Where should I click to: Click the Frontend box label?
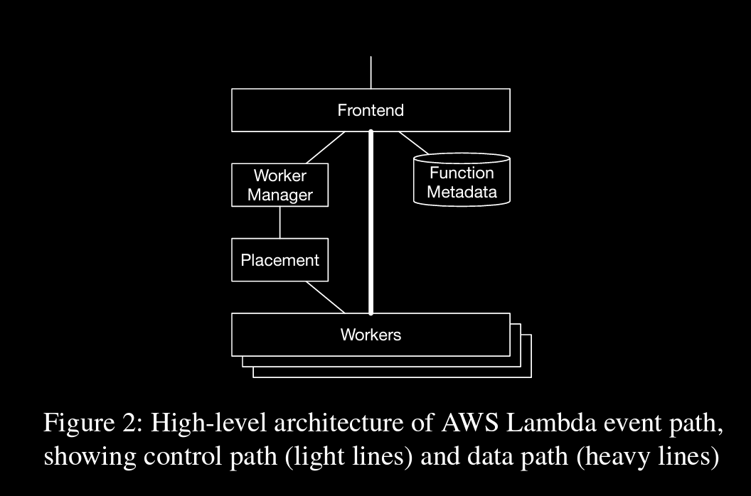pos(371,110)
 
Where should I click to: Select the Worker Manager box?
pos(280,185)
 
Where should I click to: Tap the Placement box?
pos(280,260)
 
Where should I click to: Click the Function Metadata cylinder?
pos(462,181)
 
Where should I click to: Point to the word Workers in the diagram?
pos(371,334)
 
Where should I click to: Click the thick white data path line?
pos(371,220)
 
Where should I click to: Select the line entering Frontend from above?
pos(371,72)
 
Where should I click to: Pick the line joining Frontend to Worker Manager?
pos(326,148)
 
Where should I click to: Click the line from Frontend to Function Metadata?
pos(413,143)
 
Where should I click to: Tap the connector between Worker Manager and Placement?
pos(280,222)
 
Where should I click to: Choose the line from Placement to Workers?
pos(326,297)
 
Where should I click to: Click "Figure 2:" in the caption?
pos(93,423)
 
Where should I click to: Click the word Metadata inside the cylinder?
pos(462,192)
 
